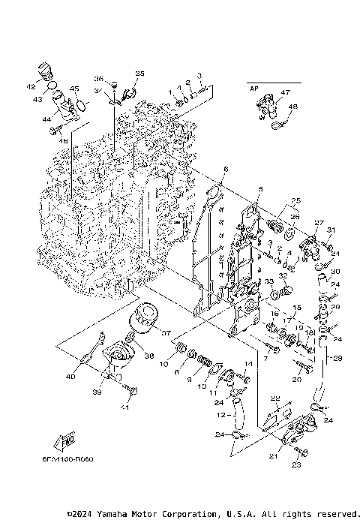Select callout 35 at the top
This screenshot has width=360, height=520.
click(139, 73)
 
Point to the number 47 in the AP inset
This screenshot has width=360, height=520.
click(285, 92)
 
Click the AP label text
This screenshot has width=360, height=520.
click(253, 88)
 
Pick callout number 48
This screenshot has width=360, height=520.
click(292, 107)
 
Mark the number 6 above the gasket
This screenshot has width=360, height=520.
click(225, 170)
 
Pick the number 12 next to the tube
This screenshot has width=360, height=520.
click(219, 413)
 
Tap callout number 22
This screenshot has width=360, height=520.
click(275, 398)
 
